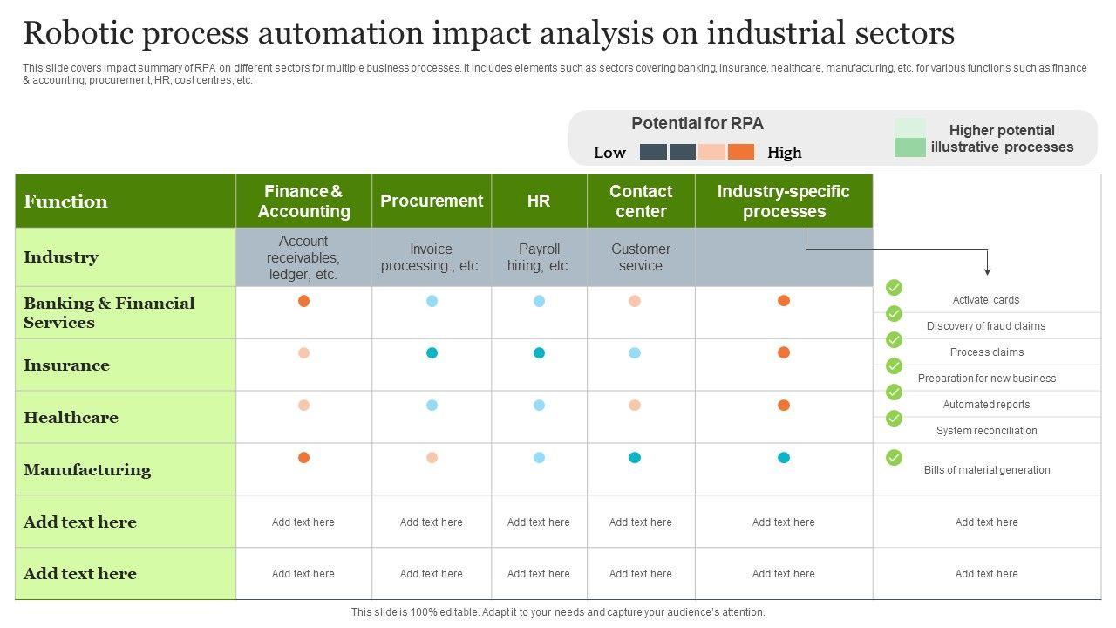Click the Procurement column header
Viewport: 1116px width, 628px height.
tap(432, 201)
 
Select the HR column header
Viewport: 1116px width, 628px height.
tap(539, 201)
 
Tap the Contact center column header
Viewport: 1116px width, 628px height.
tap(641, 201)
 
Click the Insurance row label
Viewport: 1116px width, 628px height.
tap(66, 365)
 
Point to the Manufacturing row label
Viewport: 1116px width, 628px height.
tap(87, 470)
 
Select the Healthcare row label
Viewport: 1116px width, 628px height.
tap(71, 418)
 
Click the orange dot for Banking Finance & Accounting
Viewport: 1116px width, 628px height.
tap(303, 301)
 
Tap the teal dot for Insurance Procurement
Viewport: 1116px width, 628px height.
tap(432, 353)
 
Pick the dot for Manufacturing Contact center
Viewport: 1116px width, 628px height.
tap(635, 458)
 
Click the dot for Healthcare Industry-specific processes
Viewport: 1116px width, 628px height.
tap(784, 406)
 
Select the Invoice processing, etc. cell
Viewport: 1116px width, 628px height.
tap(432, 257)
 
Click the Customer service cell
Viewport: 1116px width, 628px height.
tap(641, 257)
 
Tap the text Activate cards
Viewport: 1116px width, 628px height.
tap(986, 300)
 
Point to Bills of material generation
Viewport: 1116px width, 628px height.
tap(987, 470)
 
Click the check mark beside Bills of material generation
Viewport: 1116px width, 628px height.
tap(894, 457)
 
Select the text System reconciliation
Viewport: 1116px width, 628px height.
tap(987, 431)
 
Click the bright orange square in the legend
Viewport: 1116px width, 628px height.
tap(741, 152)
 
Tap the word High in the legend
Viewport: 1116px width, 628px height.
tap(785, 153)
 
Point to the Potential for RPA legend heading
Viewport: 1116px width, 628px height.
tap(697, 124)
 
